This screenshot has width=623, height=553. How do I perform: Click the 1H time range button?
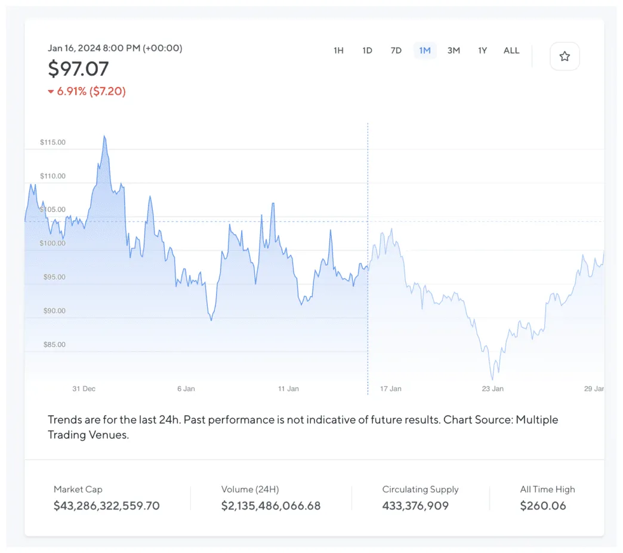(x=338, y=51)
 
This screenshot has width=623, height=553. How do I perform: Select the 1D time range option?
(x=367, y=51)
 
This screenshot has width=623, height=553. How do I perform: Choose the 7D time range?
(x=396, y=51)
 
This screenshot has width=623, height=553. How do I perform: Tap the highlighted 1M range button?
(x=425, y=51)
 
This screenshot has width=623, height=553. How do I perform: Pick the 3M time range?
(x=454, y=51)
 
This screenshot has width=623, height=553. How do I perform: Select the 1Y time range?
(x=482, y=51)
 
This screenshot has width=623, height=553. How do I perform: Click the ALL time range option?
(x=511, y=51)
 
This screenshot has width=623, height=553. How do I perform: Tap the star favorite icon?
(x=565, y=57)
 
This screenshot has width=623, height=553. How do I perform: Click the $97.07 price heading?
(x=78, y=69)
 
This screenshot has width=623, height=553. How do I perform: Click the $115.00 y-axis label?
(x=53, y=142)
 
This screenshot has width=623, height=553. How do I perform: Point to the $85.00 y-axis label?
(x=53, y=344)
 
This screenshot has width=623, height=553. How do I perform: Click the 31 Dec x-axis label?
(x=84, y=389)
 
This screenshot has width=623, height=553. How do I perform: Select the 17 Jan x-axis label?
(x=391, y=389)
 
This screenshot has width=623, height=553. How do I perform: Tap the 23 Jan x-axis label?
(x=493, y=389)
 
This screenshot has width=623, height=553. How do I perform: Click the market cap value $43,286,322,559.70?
(x=107, y=506)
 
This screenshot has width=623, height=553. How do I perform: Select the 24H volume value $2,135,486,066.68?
(x=271, y=506)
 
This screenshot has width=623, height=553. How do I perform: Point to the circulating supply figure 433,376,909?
(x=415, y=506)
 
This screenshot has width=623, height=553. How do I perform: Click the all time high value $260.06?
(x=543, y=506)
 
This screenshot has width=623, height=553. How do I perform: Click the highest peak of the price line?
(x=104, y=136)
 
